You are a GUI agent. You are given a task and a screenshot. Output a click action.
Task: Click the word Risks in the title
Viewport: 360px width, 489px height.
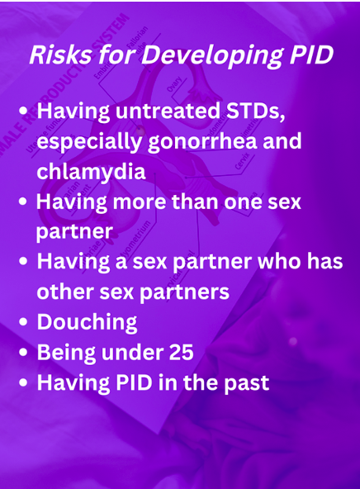tap(60, 55)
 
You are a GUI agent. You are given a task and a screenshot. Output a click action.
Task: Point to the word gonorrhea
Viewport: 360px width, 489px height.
tap(202, 142)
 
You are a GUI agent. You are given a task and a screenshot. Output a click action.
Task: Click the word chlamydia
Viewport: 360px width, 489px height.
tap(91, 171)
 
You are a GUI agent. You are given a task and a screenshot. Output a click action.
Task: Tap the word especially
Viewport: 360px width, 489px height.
tap(89, 142)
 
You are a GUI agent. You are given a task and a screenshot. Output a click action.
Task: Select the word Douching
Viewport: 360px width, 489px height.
tap(87, 322)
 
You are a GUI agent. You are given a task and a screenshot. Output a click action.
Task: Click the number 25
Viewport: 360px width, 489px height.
tap(182, 353)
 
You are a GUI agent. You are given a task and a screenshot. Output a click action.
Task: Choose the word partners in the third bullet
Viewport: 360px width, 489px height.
tap(184, 292)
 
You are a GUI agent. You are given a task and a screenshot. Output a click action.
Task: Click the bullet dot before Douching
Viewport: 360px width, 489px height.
tap(23, 322)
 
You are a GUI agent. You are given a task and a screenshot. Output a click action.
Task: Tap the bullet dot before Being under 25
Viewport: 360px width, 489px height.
tap(23, 352)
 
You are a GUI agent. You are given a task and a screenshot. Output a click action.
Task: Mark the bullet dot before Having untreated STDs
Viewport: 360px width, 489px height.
tap(23, 111)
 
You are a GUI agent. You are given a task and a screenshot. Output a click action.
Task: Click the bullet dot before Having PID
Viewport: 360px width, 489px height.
tap(23, 382)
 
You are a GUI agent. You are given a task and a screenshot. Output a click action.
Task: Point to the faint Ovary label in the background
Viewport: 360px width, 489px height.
tap(174, 84)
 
